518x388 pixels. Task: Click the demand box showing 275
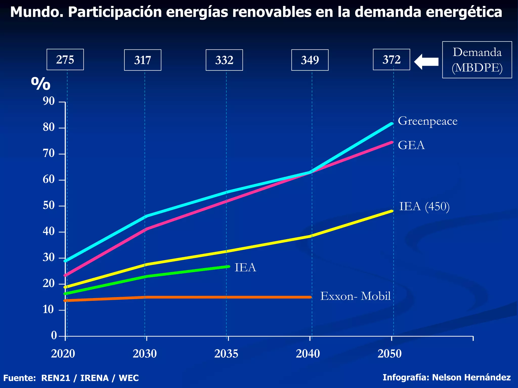click(65, 60)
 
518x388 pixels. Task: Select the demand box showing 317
click(143, 60)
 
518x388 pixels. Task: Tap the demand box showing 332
click(224, 60)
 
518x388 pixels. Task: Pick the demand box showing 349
click(310, 60)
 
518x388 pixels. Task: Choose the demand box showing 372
click(391, 60)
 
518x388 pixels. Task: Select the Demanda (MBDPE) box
click(477, 60)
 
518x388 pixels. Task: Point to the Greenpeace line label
click(427, 121)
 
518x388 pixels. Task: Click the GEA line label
click(411, 145)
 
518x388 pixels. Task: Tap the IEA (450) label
click(424, 206)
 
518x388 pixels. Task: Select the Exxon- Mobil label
click(355, 296)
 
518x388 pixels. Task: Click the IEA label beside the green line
click(245, 268)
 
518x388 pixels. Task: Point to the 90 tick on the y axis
click(49, 101)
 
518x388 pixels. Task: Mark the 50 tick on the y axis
click(49, 206)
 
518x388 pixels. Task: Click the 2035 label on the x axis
click(226, 354)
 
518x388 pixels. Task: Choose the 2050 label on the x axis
click(390, 354)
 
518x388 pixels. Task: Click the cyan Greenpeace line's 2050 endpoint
click(392, 124)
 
